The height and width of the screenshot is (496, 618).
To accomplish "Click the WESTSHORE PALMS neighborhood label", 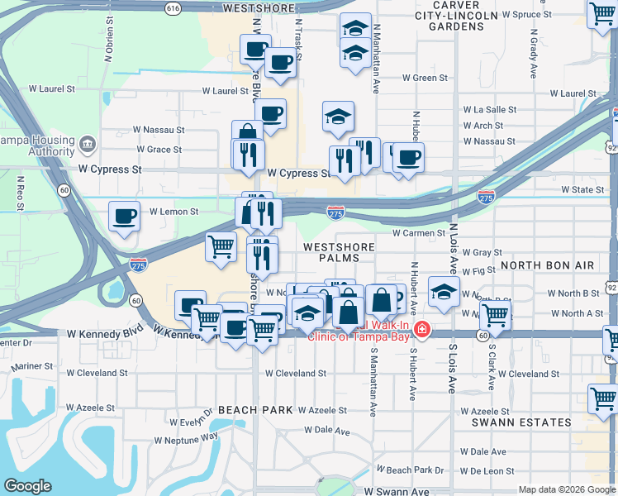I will (x=338, y=252).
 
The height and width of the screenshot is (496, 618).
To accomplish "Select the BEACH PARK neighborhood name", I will (x=255, y=410).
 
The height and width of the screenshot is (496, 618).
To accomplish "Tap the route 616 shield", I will (x=172, y=7).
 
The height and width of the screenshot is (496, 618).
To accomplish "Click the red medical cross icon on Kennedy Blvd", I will (x=421, y=330).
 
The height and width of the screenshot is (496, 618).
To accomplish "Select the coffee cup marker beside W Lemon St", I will (x=124, y=217).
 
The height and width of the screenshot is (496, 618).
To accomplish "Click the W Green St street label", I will (x=425, y=79).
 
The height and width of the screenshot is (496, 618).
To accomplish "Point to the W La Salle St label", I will (x=489, y=109).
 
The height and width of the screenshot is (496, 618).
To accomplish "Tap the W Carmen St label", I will (x=419, y=234).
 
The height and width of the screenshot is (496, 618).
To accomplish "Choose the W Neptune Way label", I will (x=187, y=436).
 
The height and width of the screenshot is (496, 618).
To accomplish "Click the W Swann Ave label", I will (x=396, y=491).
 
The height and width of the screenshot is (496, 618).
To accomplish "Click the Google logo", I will (x=27, y=486).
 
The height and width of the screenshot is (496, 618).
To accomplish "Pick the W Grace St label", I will (x=159, y=150).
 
